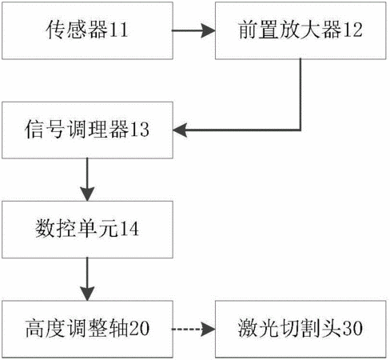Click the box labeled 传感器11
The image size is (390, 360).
(x=87, y=30)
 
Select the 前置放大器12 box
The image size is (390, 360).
(x=300, y=30)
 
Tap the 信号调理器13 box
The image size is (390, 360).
(x=87, y=130)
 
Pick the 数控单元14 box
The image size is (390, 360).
(x=87, y=230)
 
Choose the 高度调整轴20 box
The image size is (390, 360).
(x=87, y=329)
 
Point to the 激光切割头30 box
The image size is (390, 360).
(x=300, y=329)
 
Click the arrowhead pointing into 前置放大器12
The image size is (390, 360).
(x=208, y=30)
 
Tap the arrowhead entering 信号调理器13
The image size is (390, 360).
(x=180, y=130)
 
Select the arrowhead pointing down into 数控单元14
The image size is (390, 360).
(x=87, y=194)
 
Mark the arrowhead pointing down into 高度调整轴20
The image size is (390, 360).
(x=87, y=294)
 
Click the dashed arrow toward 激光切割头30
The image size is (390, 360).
(x=193, y=329)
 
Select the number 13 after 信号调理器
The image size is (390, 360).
(x=139, y=130)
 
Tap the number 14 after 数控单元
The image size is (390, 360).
(x=129, y=229)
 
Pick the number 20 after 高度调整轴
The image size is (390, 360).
(x=139, y=328)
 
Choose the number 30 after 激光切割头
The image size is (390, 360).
(x=352, y=328)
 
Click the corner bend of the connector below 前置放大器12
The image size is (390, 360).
(x=300, y=130)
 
